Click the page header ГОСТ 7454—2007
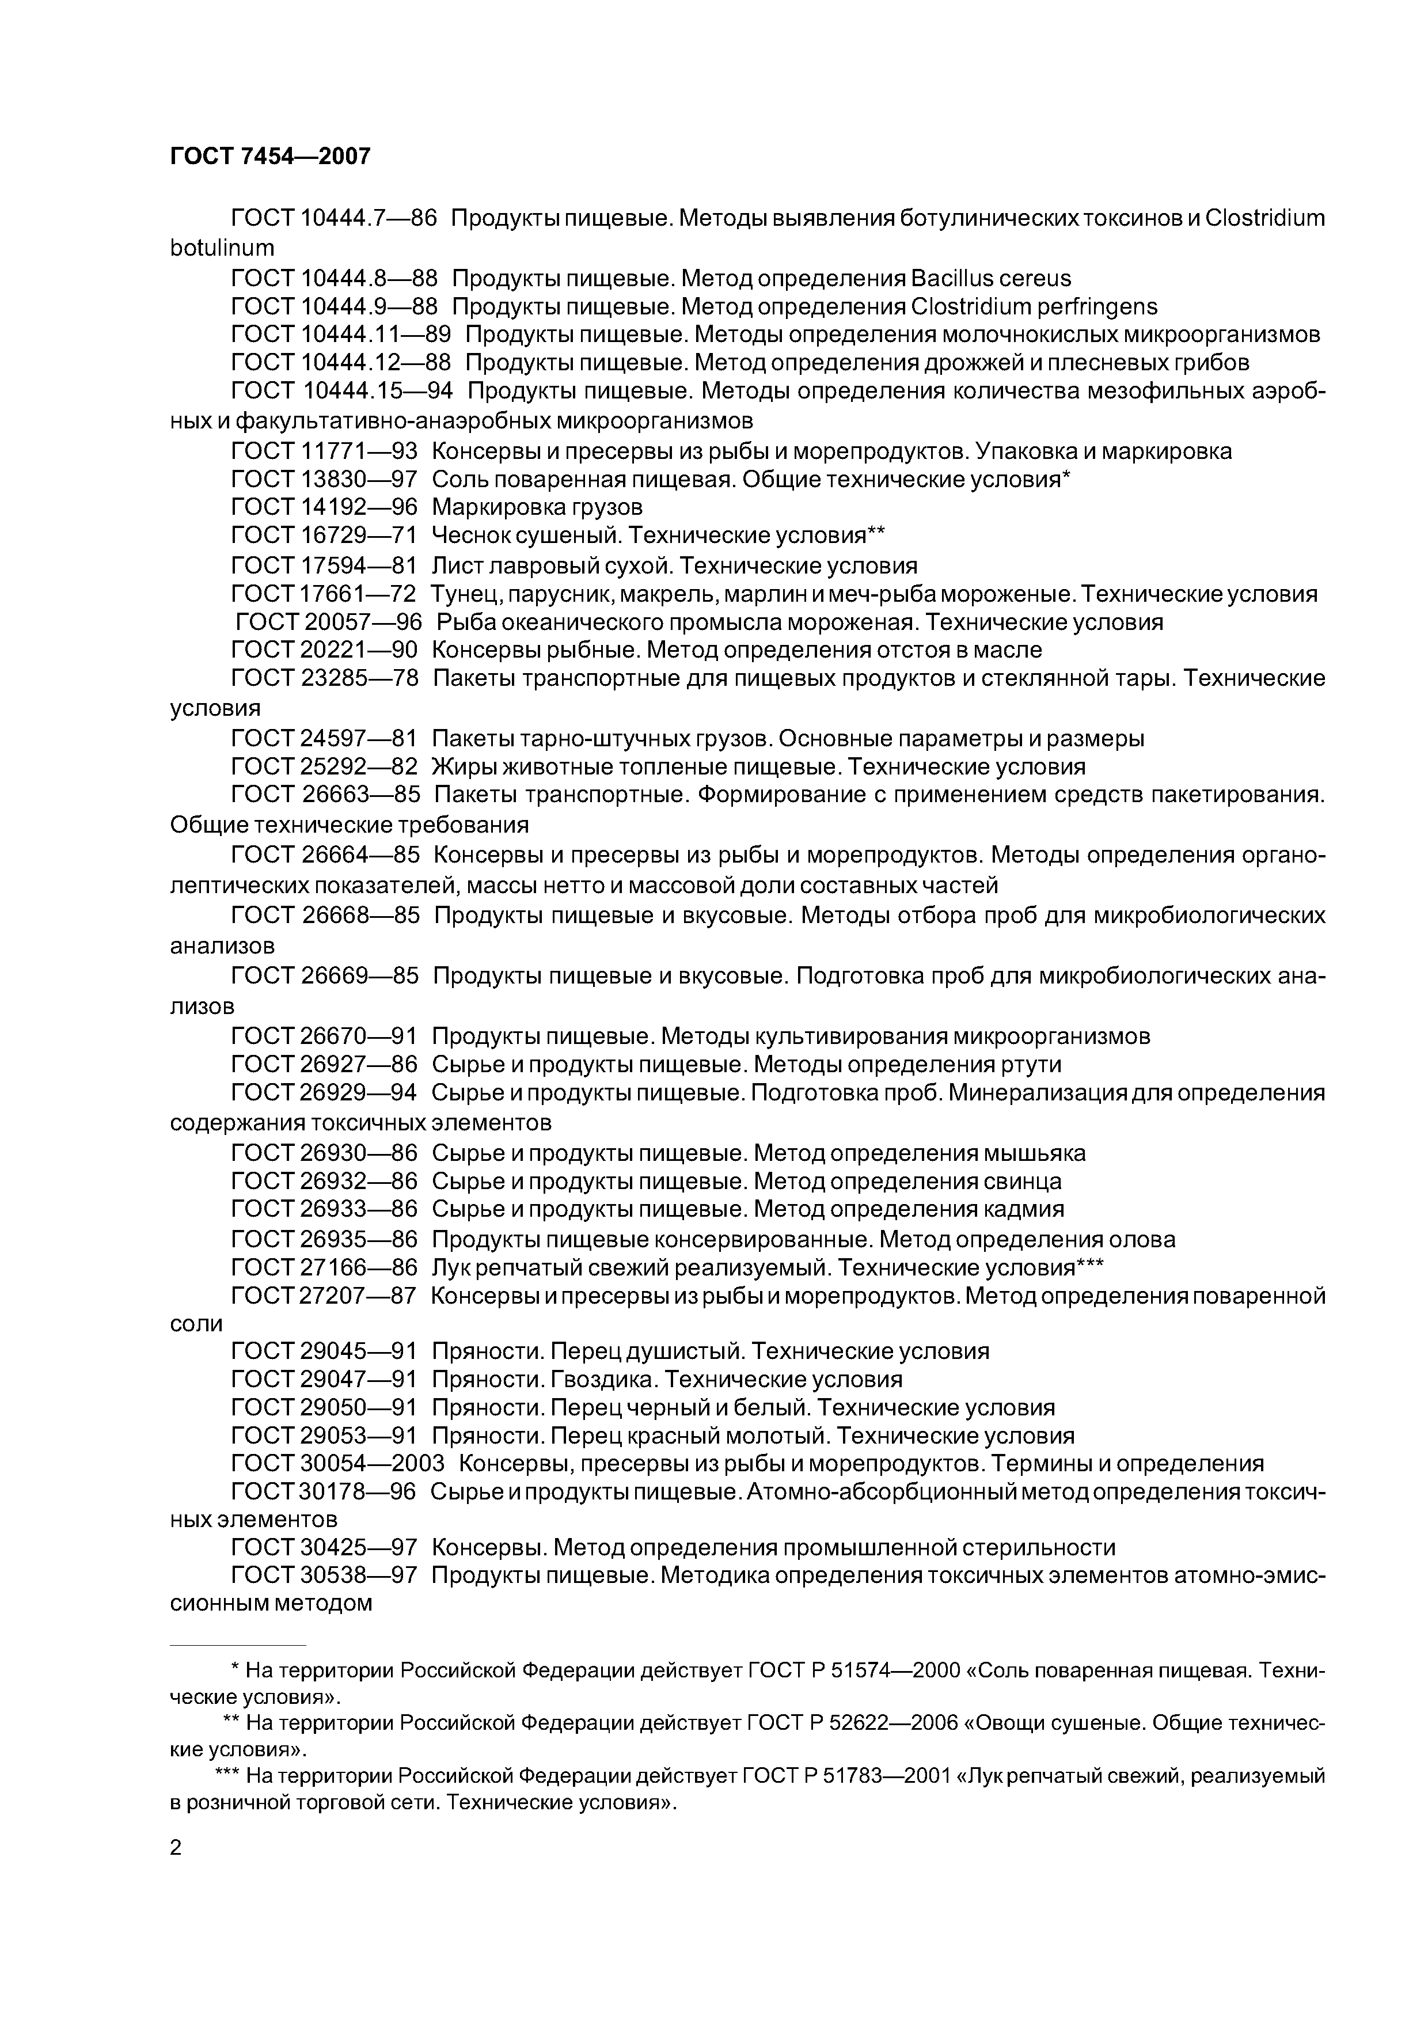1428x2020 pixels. pos(270,157)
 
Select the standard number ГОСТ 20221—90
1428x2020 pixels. pos(324,650)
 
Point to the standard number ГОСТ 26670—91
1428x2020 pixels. pos(324,1036)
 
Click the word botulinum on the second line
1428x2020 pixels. pos(222,248)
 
